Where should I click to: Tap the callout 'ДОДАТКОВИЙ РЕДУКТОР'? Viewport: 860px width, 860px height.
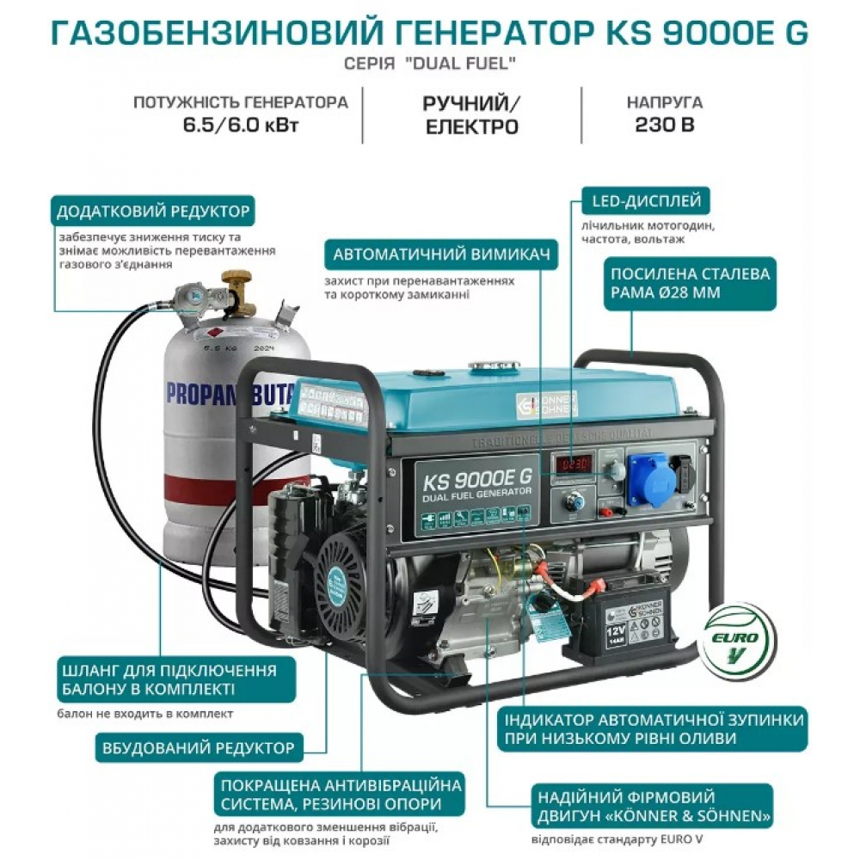(x=153, y=211)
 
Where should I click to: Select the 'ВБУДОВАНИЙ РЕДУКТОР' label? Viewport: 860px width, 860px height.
(x=198, y=747)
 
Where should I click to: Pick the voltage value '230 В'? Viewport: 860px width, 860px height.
(x=665, y=124)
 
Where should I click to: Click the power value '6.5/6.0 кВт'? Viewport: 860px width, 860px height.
(x=240, y=124)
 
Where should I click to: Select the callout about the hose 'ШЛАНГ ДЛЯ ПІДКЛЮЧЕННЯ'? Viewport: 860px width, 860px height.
(x=169, y=681)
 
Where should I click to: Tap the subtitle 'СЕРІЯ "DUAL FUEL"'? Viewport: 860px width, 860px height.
(x=429, y=65)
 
